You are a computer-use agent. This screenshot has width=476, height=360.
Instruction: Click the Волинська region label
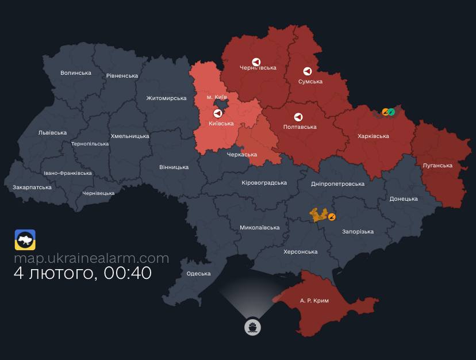pyautogui.click(x=76, y=73)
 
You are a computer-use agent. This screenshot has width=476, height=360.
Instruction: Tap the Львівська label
pyautogui.click(x=52, y=132)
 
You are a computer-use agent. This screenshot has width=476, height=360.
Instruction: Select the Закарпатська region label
pyautogui.click(x=32, y=187)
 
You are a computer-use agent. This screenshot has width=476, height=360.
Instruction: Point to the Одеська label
pyautogui.click(x=198, y=274)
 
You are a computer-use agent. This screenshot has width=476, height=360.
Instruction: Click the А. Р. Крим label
pyautogui.click(x=314, y=301)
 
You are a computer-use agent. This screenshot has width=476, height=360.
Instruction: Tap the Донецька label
pyautogui.click(x=404, y=199)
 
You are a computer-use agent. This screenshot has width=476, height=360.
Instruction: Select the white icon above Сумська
pyautogui.click(x=308, y=71)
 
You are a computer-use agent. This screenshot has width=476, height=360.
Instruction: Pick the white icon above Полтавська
pyautogui.click(x=298, y=117)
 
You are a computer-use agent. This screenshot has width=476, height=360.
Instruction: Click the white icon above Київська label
pyautogui.click(x=217, y=113)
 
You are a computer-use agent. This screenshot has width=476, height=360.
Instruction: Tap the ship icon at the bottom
pyautogui.click(x=252, y=327)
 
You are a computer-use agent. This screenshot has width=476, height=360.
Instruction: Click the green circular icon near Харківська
pyautogui.click(x=391, y=112)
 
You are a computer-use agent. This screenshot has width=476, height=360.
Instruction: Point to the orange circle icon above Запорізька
pyautogui.click(x=332, y=216)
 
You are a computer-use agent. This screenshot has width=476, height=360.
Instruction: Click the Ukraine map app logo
pyautogui.click(x=25, y=240)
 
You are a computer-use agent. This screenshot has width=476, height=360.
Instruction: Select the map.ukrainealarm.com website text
pyautogui.click(x=91, y=258)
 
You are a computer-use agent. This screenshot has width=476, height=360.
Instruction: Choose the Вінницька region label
pyautogui.click(x=174, y=167)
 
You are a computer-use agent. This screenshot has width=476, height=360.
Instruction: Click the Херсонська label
pyautogui.click(x=300, y=252)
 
